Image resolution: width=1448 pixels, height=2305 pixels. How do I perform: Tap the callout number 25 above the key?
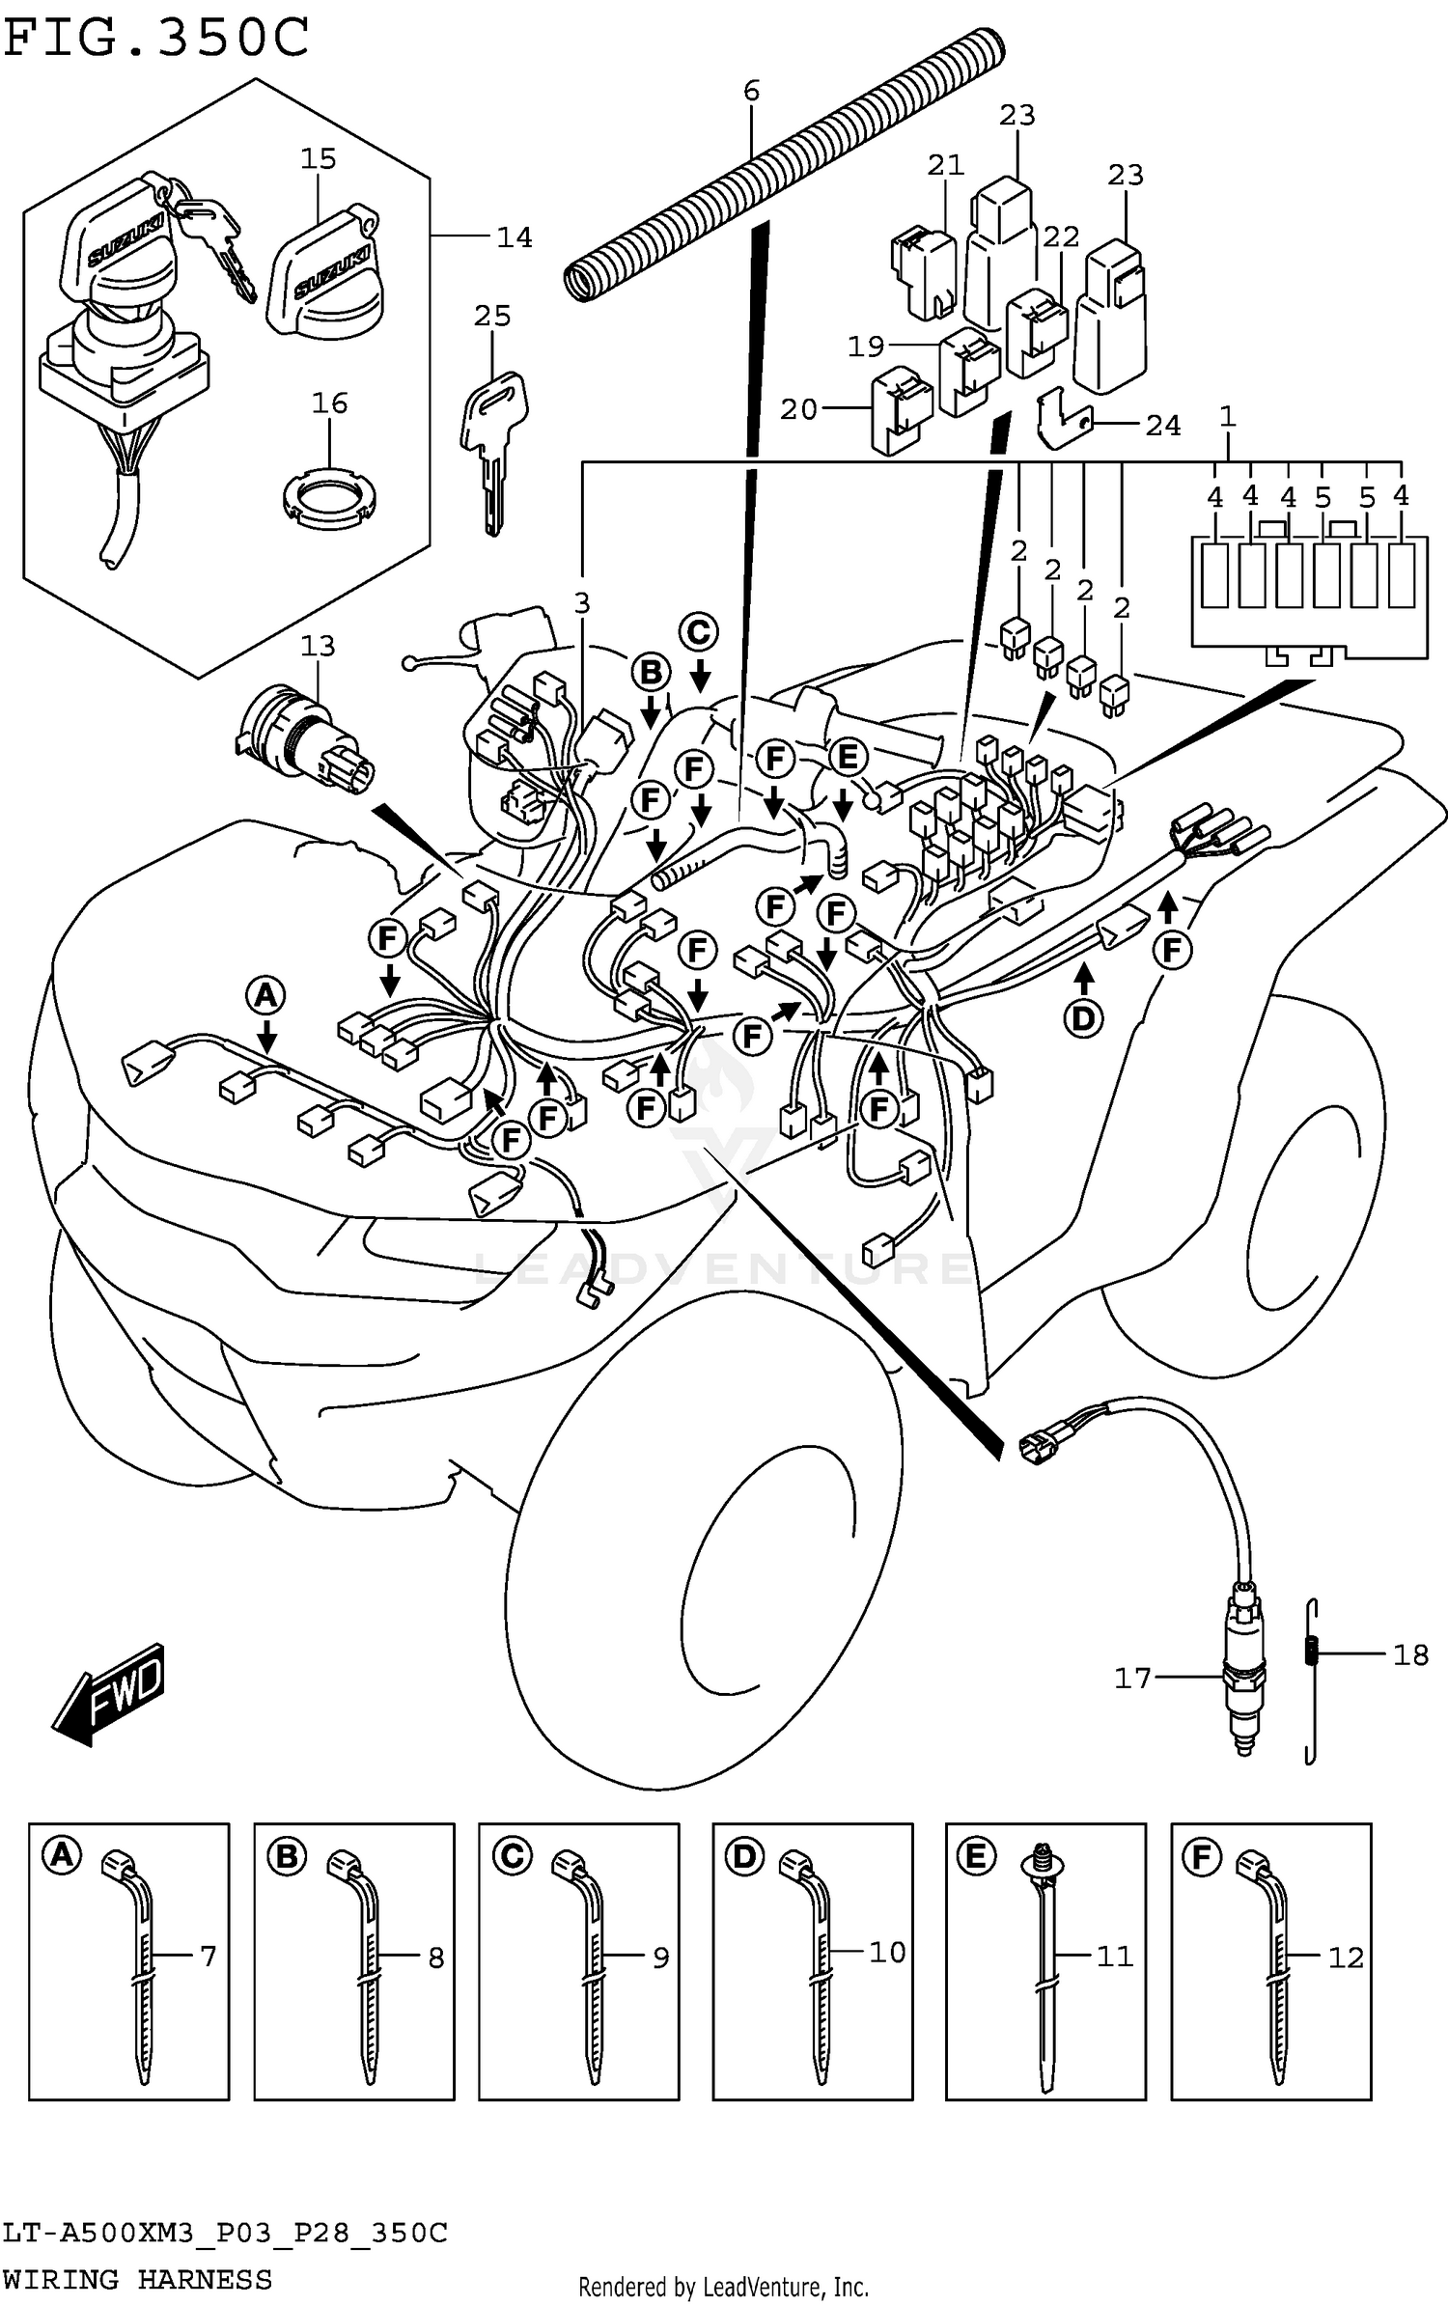492,316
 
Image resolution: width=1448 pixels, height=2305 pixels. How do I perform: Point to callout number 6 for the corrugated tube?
751,91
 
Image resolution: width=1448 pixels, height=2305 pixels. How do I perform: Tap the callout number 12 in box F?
1346,1958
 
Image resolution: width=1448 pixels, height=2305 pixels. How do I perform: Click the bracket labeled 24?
1062,419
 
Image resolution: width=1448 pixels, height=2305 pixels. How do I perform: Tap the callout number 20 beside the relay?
798,409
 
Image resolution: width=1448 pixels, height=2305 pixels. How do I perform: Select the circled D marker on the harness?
1083,1017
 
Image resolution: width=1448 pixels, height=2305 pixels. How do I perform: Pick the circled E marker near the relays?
847,758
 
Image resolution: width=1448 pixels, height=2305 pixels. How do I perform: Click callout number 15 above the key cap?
318,158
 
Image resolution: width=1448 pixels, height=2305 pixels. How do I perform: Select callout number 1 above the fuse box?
1227,417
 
